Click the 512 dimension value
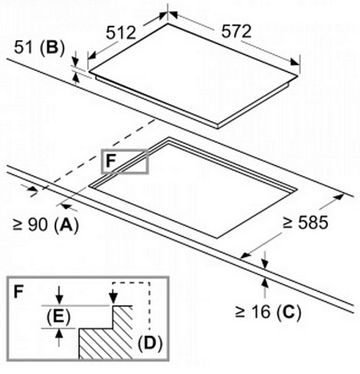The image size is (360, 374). click(121, 32)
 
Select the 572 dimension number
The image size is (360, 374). click(236, 31)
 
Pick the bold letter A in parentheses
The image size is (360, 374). click(66, 224)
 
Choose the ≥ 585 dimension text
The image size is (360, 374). click(305, 223)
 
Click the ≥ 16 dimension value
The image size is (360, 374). click(253, 311)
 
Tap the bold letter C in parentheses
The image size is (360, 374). click(289, 311)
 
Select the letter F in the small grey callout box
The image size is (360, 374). click(110, 161)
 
